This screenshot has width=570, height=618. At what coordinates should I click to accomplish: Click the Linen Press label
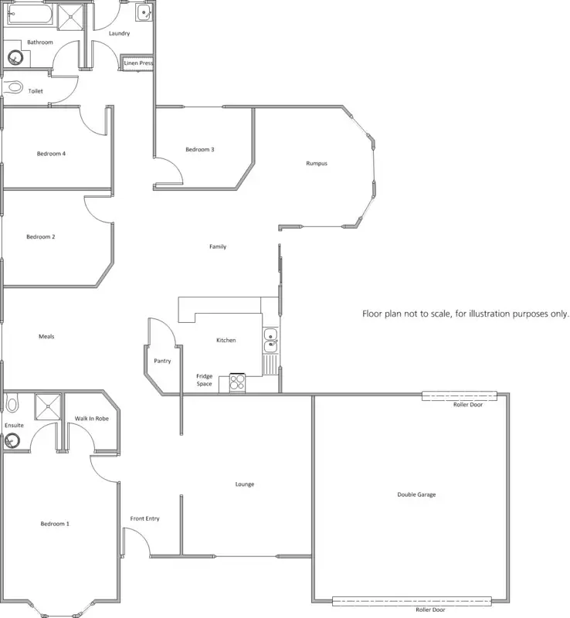click(x=139, y=63)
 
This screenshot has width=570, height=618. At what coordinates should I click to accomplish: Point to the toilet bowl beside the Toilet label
click(x=13, y=88)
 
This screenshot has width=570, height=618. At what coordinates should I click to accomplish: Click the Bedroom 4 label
click(x=51, y=154)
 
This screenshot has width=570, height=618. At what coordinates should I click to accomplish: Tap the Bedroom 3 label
click(x=199, y=149)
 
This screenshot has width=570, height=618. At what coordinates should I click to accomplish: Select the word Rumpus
click(x=317, y=163)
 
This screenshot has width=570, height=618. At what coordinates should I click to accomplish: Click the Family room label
click(x=218, y=246)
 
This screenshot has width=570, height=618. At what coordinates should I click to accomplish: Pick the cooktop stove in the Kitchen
click(x=236, y=382)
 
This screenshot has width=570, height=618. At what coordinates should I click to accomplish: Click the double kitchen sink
click(x=270, y=341)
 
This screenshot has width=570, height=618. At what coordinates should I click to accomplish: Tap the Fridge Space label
click(x=204, y=379)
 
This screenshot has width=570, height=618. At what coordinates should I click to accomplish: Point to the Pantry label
click(x=162, y=360)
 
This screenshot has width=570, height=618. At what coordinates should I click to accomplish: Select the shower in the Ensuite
click(x=47, y=405)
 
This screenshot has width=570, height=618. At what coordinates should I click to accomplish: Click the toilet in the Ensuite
click(x=12, y=404)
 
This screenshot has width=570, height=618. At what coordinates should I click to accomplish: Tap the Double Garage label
click(x=416, y=494)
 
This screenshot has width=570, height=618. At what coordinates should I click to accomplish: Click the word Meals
click(x=46, y=336)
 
